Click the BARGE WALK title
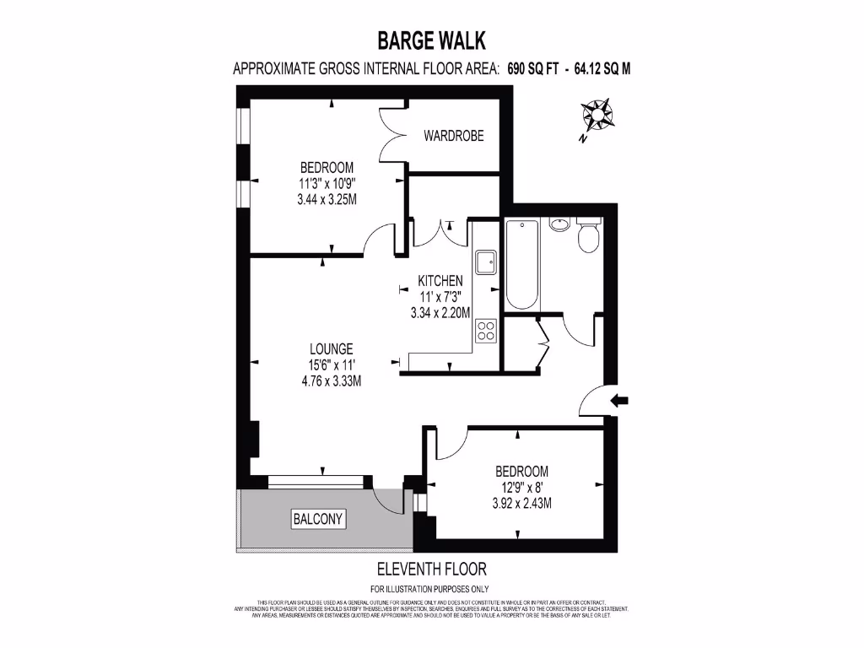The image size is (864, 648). pos(431,40)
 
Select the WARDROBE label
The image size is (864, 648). pos(454,135)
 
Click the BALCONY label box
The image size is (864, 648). pos(318,519)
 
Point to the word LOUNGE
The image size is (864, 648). pos(331,348)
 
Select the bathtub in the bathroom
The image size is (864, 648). pos(521,264)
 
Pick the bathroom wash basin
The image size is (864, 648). pos(559,224)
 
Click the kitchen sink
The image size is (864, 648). pos(485,262)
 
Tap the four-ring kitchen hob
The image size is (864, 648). pos(485,330)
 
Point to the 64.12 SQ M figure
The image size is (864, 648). pos(602,69)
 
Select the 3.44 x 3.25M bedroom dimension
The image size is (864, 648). pos(327,200)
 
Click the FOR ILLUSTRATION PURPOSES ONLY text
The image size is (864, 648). pos(429,589)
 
